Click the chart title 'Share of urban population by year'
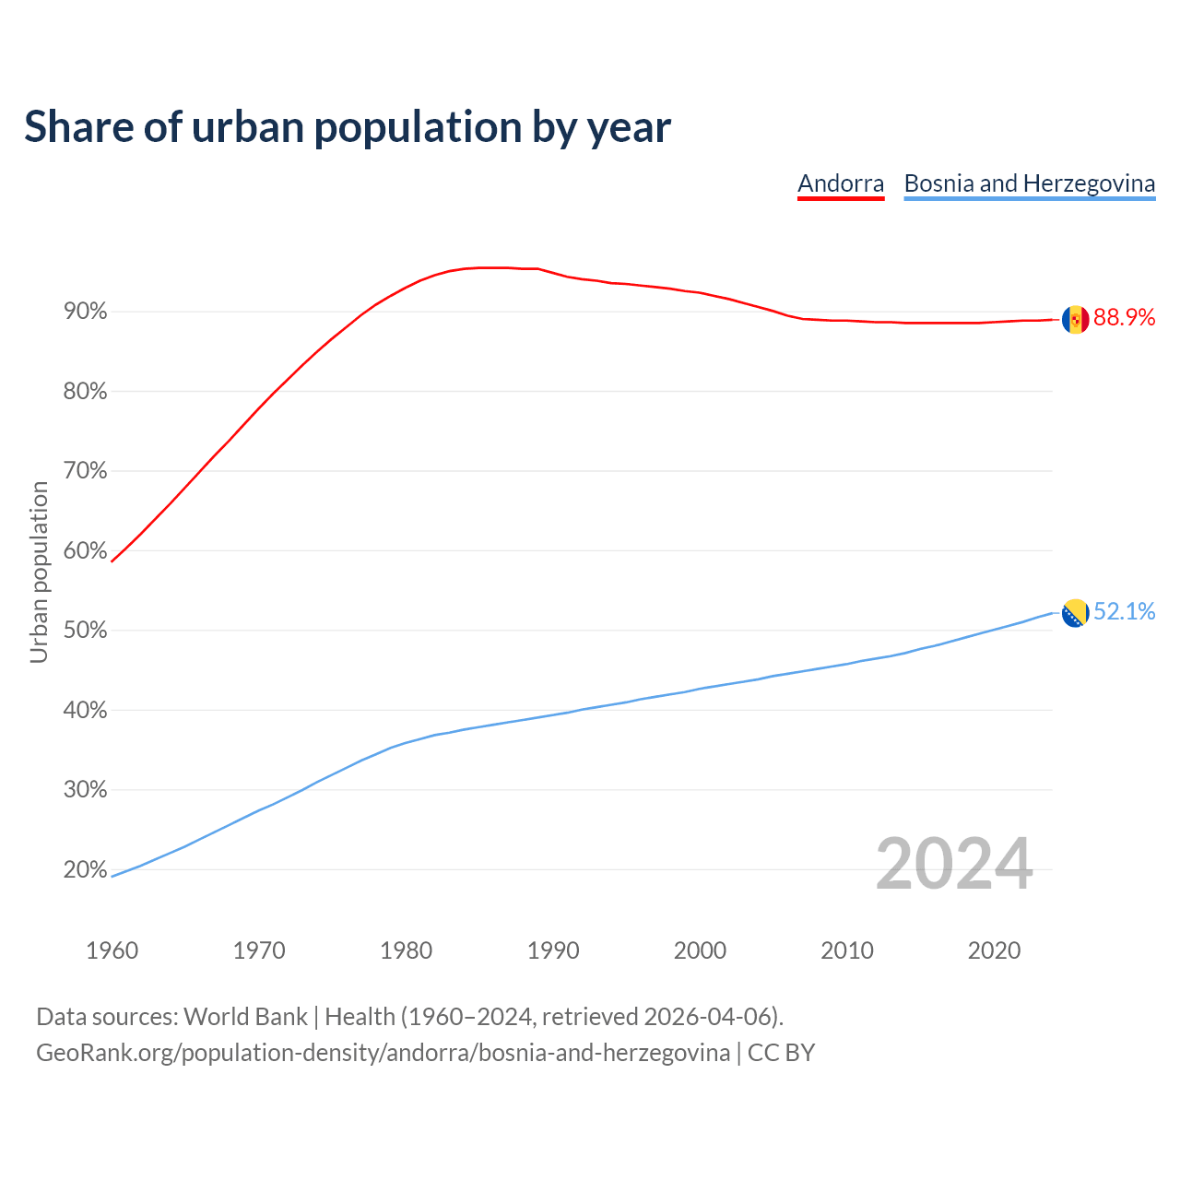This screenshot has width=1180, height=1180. click(347, 127)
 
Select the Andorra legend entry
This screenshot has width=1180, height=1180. click(841, 183)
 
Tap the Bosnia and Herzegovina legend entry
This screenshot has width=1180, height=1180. click(1029, 183)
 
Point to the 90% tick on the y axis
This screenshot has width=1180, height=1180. click(86, 312)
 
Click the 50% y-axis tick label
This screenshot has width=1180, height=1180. click(86, 631)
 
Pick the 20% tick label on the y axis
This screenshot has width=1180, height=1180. click(86, 869)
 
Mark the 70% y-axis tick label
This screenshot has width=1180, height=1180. click(86, 471)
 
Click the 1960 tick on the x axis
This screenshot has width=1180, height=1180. click(112, 950)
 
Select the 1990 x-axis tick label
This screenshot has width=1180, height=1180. click(553, 950)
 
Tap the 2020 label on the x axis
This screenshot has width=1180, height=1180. click(994, 950)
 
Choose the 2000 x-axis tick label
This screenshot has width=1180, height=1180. click(700, 950)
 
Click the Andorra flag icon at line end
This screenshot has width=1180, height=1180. click(1075, 319)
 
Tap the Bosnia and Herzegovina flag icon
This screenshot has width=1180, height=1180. click(1075, 612)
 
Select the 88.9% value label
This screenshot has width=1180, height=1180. click(1124, 318)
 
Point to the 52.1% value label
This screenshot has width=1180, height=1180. click(1124, 612)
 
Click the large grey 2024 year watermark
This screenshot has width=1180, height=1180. click(953, 864)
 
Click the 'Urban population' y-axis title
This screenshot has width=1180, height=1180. click(39, 572)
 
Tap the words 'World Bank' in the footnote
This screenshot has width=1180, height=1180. click(245, 1017)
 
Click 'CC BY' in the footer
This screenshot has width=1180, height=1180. click(781, 1053)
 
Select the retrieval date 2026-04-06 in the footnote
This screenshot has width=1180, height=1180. click(707, 1017)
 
